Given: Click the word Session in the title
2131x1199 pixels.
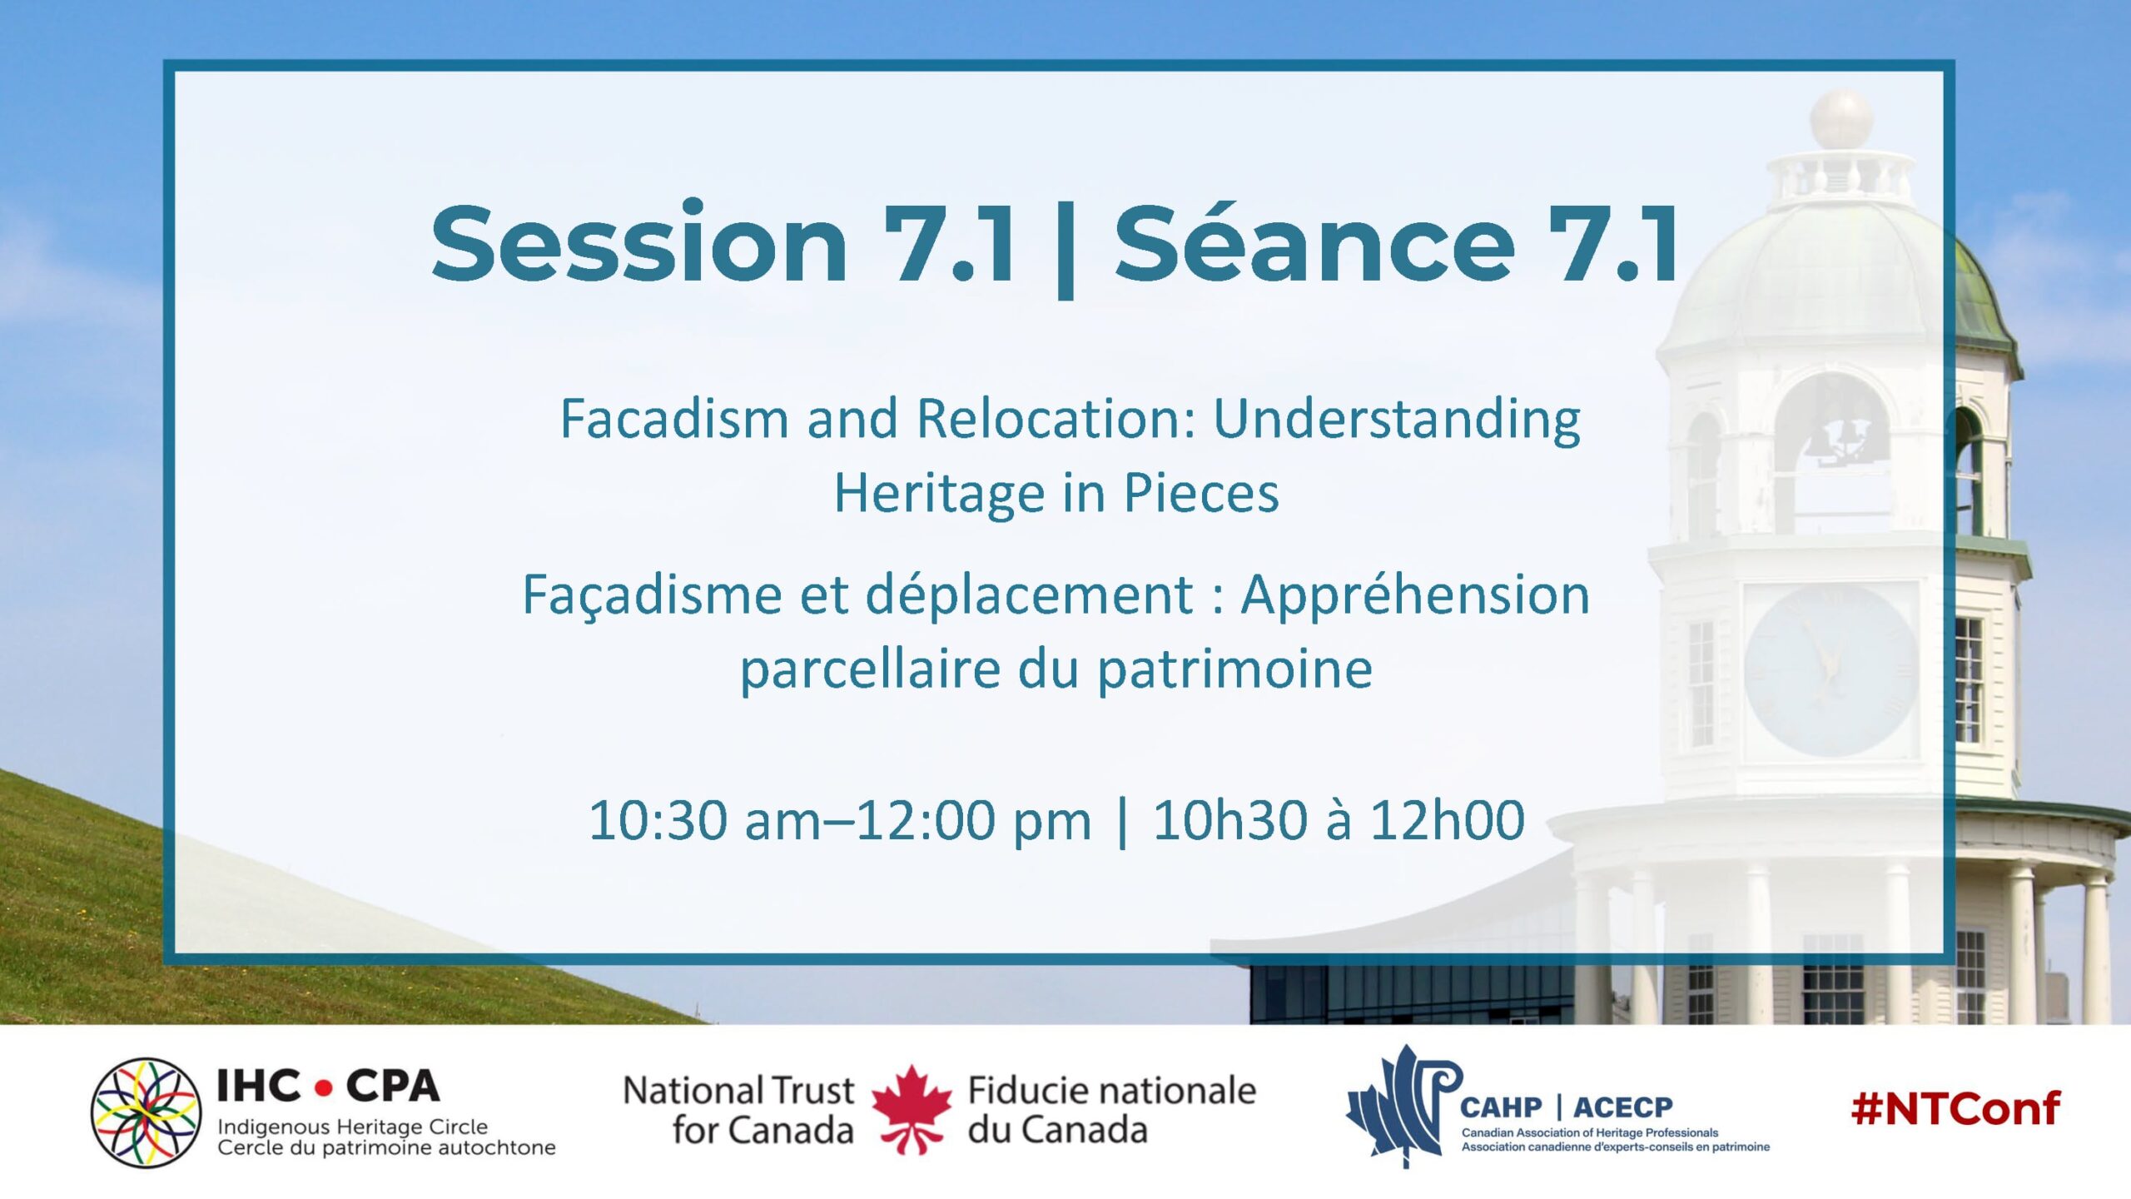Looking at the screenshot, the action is (639, 243).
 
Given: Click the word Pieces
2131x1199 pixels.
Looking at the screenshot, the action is (1201, 493).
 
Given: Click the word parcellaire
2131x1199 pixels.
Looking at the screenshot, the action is (870, 669).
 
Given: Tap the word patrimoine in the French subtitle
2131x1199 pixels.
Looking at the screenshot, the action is (1234, 669).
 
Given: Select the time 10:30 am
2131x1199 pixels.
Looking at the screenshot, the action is (704, 820).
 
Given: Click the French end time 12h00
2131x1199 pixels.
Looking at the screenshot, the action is (1447, 820).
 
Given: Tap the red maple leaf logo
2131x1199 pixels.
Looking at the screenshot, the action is (912, 1109).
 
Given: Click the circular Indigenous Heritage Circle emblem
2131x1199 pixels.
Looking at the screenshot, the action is (147, 1112).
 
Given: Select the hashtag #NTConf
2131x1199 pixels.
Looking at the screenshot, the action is (1955, 1108).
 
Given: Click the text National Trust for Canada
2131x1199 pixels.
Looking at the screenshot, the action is (739, 1110).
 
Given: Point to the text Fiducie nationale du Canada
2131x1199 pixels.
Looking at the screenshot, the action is (1111, 1110).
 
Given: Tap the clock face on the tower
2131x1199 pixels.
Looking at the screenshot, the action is (1830, 670).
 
